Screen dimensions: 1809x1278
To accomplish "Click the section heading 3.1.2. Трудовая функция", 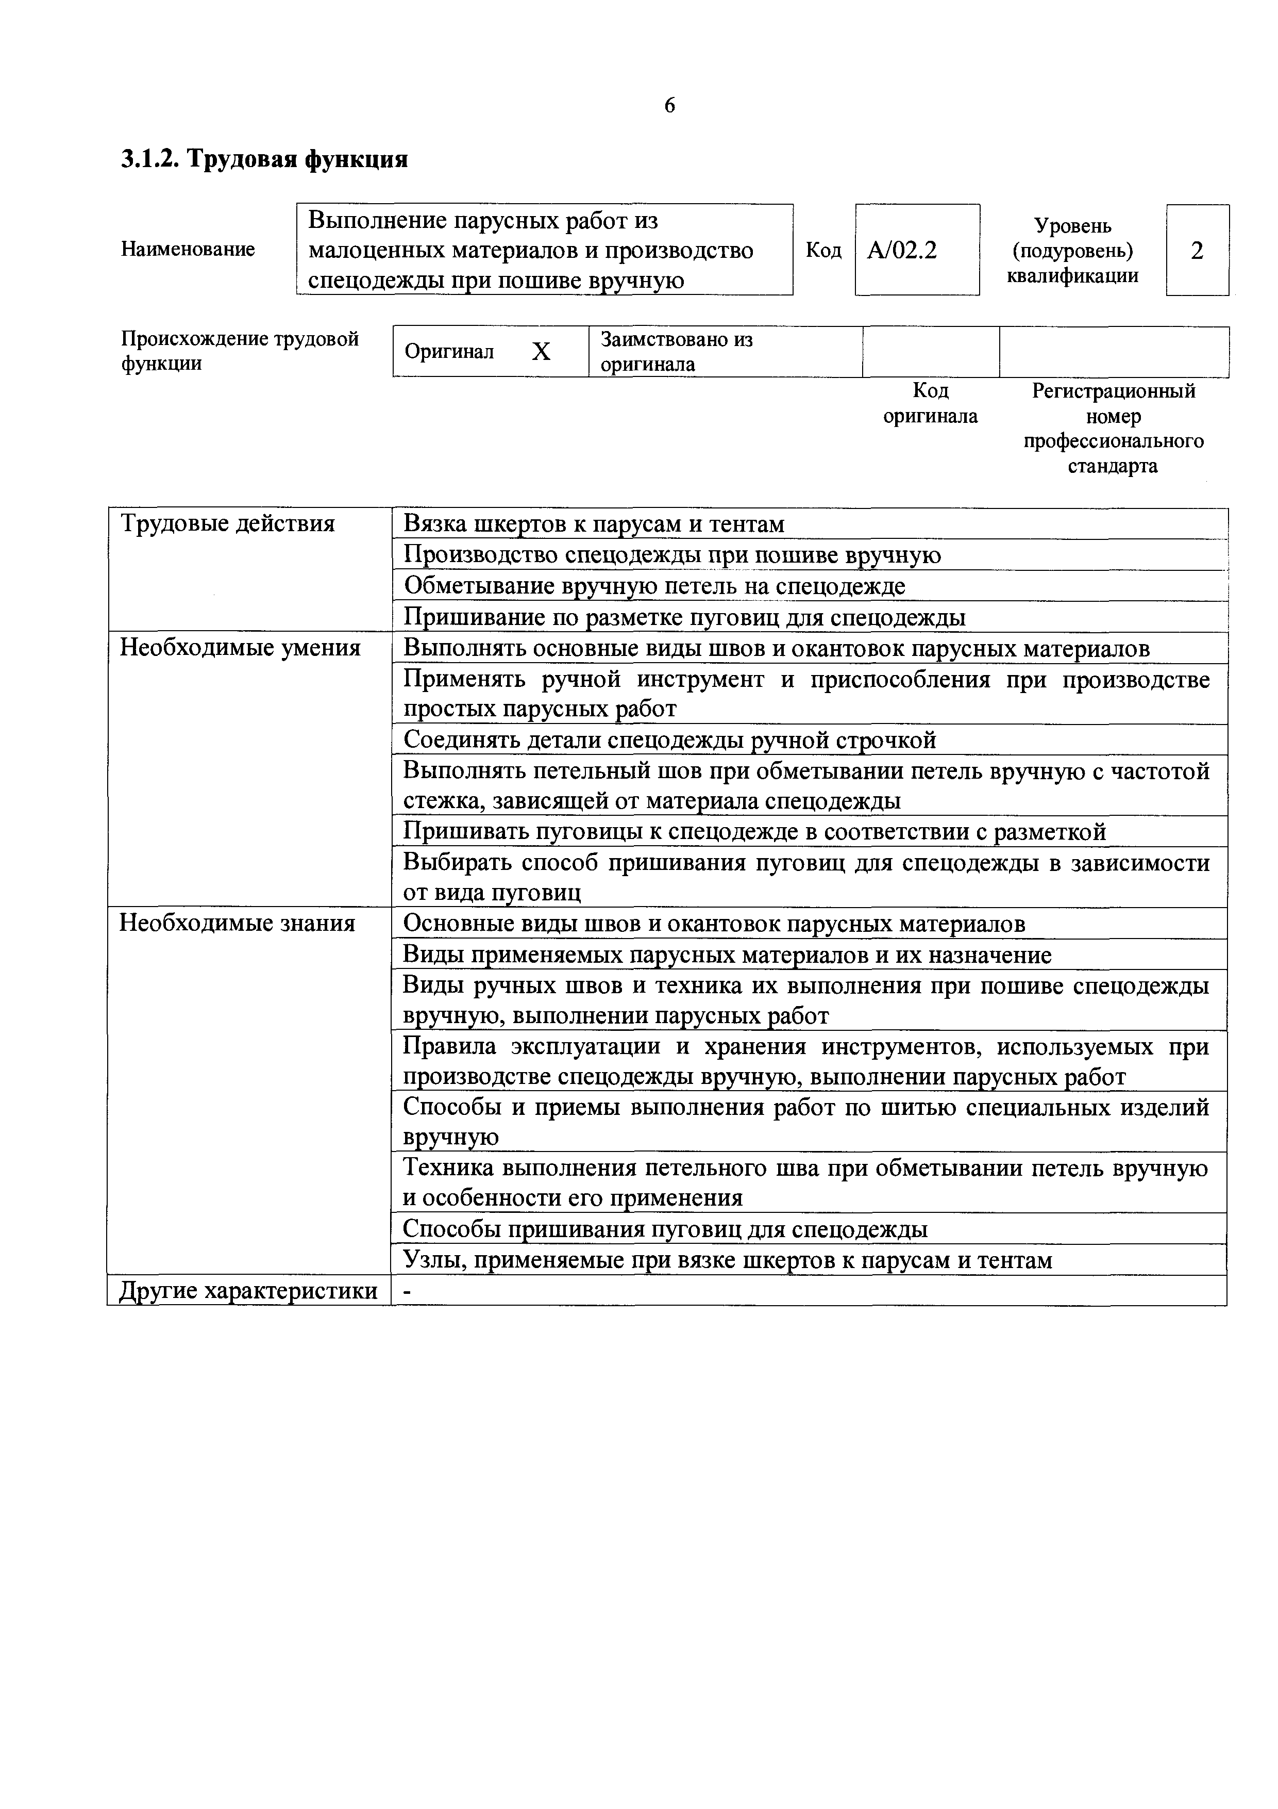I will point(264,160).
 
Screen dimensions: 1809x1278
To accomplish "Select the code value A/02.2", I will point(902,251).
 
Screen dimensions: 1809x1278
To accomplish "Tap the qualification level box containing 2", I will point(1197,251).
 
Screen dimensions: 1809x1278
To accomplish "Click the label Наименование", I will point(188,250).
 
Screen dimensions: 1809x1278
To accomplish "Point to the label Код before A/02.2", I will point(823,251).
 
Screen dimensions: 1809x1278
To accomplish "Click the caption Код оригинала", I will point(930,403).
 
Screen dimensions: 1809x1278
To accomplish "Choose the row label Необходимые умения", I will point(240,648).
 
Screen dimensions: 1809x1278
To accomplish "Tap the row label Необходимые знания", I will point(237,924).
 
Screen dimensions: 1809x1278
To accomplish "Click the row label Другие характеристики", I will point(248,1291).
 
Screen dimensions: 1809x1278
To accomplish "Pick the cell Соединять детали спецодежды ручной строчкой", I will point(669,740).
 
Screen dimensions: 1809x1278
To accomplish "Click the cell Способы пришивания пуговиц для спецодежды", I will point(665,1229).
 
